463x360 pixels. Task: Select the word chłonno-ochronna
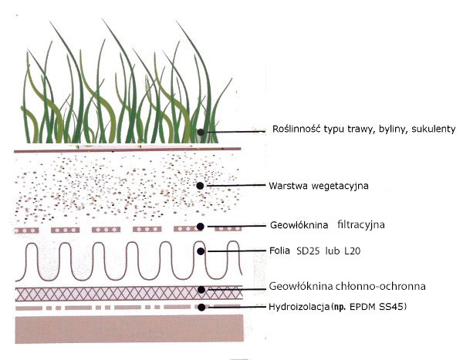point(371,286)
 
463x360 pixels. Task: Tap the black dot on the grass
point(200,132)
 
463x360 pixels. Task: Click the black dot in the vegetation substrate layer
point(200,186)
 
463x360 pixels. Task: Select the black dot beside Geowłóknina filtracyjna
point(201,227)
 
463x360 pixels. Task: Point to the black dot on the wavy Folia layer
point(201,251)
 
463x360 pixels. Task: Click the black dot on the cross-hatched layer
point(201,290)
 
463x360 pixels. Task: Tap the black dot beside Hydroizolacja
point(201,307)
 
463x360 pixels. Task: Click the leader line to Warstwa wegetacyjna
point(235,186)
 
